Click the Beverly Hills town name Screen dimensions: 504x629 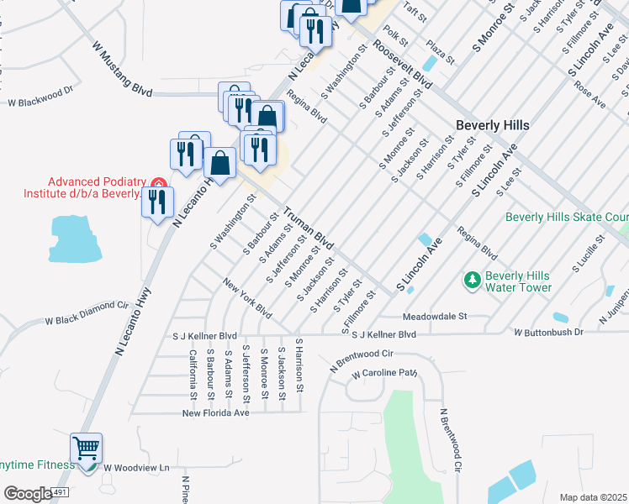point(492,124)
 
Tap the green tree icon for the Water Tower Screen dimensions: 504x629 point(473,278)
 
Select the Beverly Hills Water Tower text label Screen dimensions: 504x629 point(518,281)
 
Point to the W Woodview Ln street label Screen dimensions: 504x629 point(136,467)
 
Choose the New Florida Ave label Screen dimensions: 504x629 point(217,412)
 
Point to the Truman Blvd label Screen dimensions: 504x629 point(308,227)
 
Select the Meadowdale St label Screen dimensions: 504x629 point(434,318)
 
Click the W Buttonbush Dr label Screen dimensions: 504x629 point(549,333)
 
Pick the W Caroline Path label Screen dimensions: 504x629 point(384,373)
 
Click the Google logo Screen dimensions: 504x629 point(28,494)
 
